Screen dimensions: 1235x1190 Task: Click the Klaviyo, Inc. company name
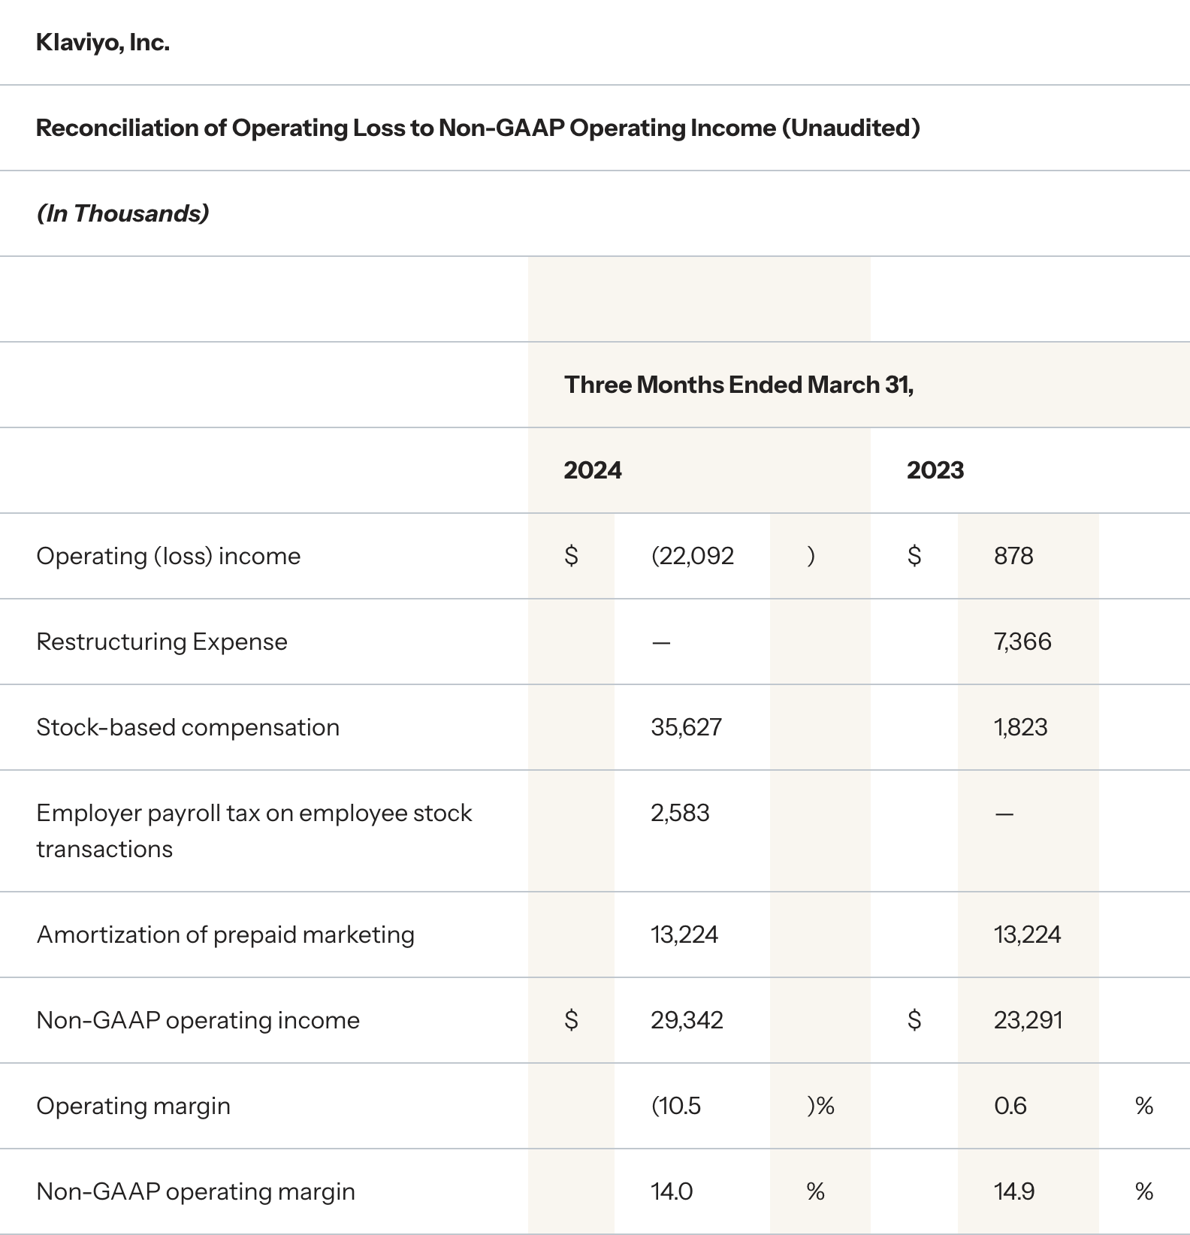[103, 43]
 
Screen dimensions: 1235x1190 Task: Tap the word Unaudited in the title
[850, 128]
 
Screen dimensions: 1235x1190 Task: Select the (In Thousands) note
[122, 213]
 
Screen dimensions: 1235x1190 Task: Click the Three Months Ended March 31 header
[738, 385]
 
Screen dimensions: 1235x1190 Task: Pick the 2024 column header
[593, 470]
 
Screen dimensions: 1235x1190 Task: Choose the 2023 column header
[935, 470]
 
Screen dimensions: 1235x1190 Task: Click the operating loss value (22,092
[692, 556]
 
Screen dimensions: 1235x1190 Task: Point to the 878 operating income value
[1013, 556]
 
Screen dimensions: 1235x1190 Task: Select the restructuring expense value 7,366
[1022, 642]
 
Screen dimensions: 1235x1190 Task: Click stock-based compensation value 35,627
[686, 727]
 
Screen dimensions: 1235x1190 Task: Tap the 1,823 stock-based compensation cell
[1020, 727]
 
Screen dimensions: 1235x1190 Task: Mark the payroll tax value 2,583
[680, 813]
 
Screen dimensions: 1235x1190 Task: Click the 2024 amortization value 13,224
[684, 935]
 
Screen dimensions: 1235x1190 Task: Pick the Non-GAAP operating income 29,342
[687, 1020]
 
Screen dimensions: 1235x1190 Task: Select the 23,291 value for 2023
[1028, 1020]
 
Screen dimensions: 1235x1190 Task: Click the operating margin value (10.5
[675, 1106]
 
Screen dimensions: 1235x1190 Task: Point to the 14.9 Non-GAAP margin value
[1013, 1191]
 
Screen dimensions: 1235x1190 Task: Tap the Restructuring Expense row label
[162, 642]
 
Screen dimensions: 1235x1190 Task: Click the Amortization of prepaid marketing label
[225, 935]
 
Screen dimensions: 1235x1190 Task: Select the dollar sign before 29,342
[571, 1020]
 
